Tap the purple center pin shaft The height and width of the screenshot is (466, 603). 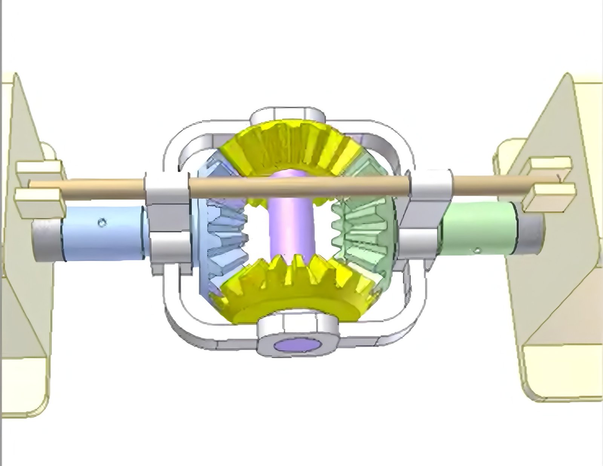pos(290,226)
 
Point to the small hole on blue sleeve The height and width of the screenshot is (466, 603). pos(101,223)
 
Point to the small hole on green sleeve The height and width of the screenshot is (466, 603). pos(478,249)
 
